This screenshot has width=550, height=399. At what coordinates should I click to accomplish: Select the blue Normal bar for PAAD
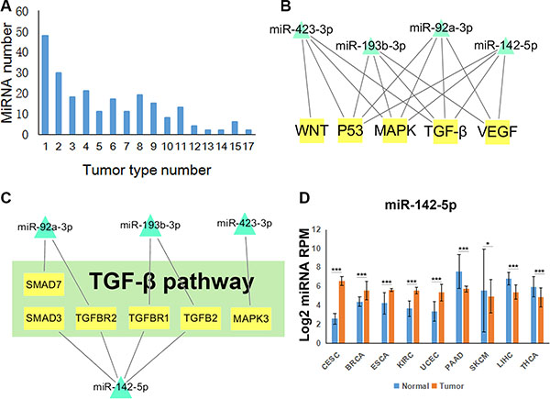458,302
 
